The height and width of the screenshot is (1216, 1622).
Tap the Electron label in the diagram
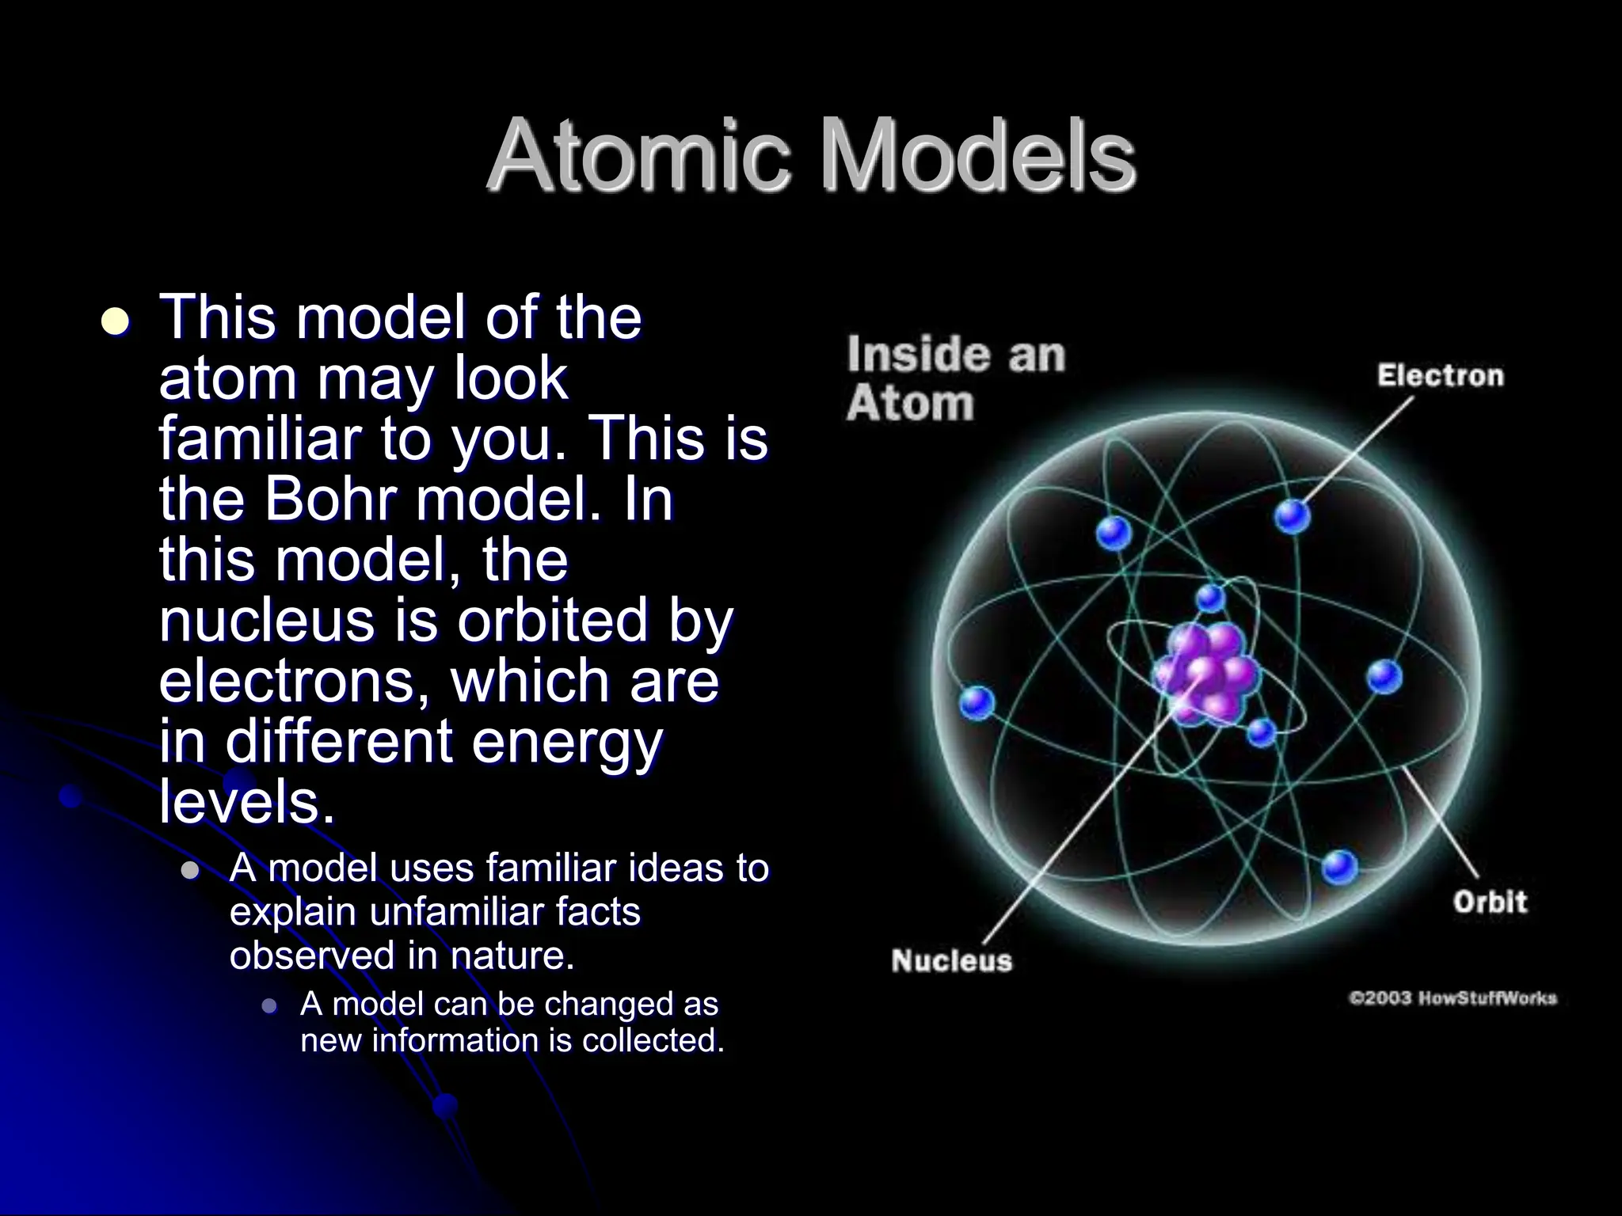[x=1439, y=375]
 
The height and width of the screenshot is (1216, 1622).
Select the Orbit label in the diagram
[x=1489, y=902]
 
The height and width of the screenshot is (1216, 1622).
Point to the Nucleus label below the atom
[x=951, y=961]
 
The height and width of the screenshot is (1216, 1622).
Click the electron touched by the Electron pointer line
[x=1292, y=517]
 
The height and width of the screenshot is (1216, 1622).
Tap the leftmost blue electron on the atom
[x=977, y=701]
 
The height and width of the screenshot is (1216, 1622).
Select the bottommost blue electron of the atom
[x=1339, y=867]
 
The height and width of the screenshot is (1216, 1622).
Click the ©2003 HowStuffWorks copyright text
[x=1453, y=998]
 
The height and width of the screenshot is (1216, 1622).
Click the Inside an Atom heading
[x=954, y=378]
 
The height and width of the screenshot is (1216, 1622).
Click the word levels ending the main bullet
[x=246, y=802]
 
